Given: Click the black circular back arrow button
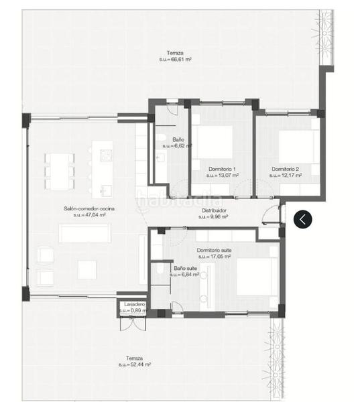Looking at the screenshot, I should pos(304,218).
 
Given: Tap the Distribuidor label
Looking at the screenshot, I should pos(213,210).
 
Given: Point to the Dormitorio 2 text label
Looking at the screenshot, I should pos(286,168).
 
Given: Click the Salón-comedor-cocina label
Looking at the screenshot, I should pos(89,209).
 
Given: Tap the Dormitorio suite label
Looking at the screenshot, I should pos(215,250).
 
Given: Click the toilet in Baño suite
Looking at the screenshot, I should pos(159,269).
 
